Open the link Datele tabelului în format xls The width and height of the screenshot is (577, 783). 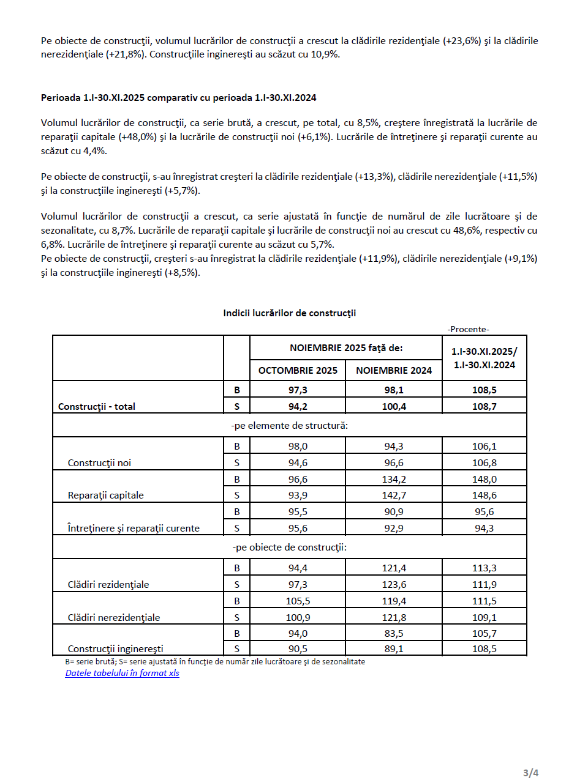[x=122, y=674]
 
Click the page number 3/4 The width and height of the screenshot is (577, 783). [x=530, y=773]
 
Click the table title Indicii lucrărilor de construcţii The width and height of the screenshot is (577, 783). [x=289, y=313]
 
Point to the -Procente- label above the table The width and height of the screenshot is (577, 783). [x=469, y=329]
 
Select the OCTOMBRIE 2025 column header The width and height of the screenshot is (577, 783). [x=298, y=370]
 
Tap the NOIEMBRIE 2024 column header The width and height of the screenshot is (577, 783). [x=394, y=370]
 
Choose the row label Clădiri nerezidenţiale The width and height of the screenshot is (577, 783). [x=113, y=617]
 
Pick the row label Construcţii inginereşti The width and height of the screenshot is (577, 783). [x=115, y=648]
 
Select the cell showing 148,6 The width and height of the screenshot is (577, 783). [x=484, y=495]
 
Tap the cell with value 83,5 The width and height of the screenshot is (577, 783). [x=394, y=633]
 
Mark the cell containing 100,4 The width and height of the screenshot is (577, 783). [x=394, y=405]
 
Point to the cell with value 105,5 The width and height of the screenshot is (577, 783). [x=298, y=601]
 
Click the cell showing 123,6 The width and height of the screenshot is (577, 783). [x=394, y=585]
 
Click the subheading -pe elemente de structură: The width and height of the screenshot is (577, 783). [x=289, y=425]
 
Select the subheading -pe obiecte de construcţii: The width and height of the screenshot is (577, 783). [x=289, y=547]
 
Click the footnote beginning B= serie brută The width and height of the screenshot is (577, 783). [x=215, y=661]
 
